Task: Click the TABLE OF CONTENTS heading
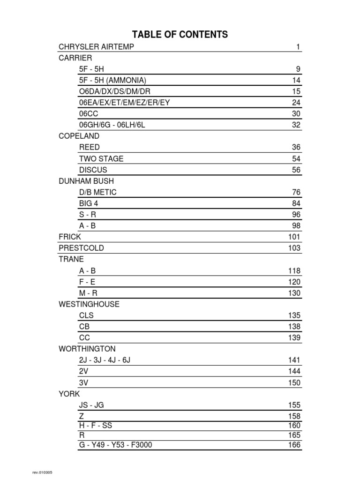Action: [180, 34]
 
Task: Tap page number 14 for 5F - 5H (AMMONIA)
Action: [296, 80]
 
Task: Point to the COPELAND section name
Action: [79, 136]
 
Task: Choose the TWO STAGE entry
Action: [101, 158]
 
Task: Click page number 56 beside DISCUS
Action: [296, 170]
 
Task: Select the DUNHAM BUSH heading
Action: [86, 181]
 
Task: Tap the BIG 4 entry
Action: [89, 203]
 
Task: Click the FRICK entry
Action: [70, 237]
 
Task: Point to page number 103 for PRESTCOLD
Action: [294, 248]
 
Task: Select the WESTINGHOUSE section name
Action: [89, 304]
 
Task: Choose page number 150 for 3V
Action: [294, 383]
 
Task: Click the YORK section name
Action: [69, 394]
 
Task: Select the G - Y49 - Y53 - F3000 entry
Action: [116, 445]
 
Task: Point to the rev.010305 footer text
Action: [42, 472]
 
